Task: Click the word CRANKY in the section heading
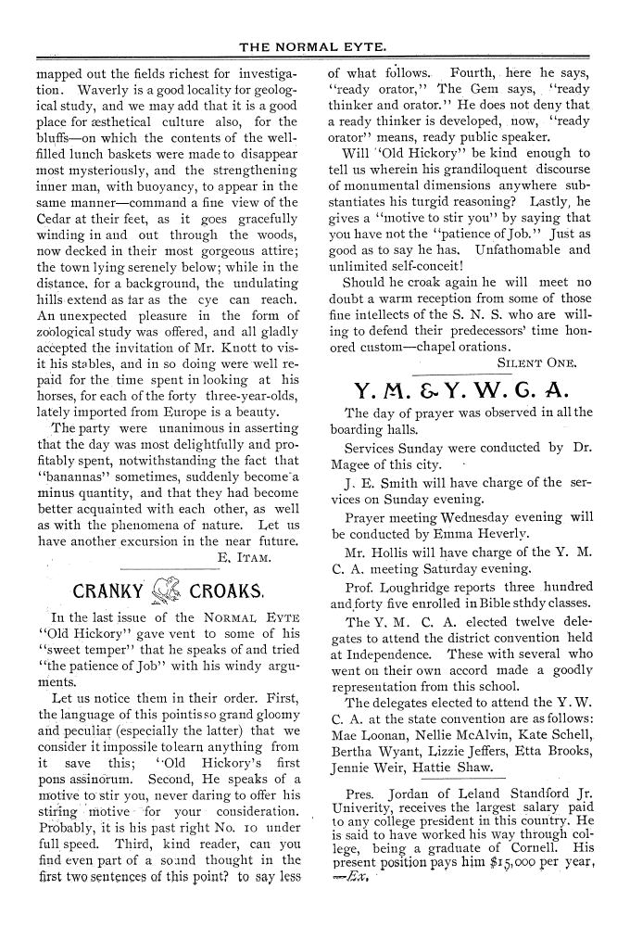click(x=107, y=590)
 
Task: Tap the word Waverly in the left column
click(x=106, y=89)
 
